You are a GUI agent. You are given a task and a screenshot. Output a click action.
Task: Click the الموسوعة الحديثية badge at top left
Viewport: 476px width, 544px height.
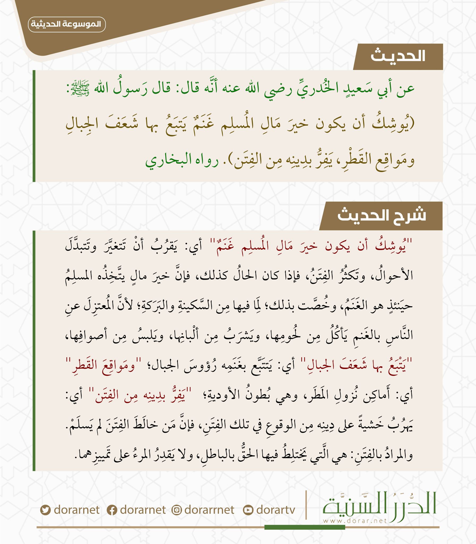click(67, 24)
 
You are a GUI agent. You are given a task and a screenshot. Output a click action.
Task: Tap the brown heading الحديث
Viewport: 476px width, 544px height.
click(398, 56)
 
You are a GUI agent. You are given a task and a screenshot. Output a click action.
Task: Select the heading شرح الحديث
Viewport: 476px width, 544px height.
click(381, 215)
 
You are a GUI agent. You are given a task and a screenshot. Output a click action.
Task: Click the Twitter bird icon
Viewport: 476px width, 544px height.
click(45, 510)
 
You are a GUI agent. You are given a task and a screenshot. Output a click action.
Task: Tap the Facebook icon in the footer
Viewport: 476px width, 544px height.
click(112, 510)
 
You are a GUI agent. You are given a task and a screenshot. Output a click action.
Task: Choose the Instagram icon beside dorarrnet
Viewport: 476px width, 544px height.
click(176, 510)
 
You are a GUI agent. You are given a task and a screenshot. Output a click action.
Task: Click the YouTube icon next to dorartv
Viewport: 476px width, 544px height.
click(248, 510)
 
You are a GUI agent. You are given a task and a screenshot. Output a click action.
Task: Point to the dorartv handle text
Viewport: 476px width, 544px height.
click(276, 510)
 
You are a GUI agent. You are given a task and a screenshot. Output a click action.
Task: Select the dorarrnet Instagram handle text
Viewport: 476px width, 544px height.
click(209, 510)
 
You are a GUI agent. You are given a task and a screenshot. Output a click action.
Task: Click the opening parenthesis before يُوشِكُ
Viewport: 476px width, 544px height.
click(412, 124)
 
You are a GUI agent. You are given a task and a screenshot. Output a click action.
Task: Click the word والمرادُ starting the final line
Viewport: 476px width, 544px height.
click(398, 456)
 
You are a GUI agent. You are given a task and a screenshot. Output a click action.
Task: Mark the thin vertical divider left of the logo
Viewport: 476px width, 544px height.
click(306, 505)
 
